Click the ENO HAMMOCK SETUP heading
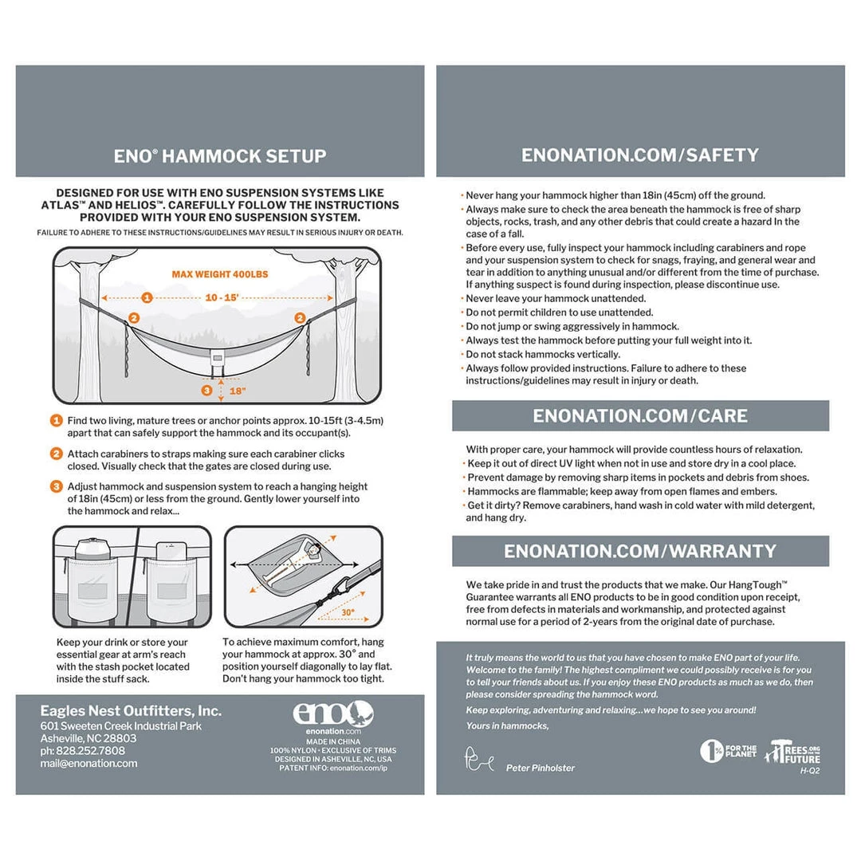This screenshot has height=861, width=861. point(220,155)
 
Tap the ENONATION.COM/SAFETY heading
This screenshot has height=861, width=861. point(640,155)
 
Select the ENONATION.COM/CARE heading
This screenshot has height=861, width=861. point(640,415)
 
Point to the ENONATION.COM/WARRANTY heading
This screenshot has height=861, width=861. point(640,551)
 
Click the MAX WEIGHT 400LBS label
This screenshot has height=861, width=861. point(219,274)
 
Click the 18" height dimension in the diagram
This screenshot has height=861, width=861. point(237,391)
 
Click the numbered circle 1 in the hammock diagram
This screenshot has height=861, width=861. point(147,298)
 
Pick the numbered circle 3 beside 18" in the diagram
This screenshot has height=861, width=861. point(206,391)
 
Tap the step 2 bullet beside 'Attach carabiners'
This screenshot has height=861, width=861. point(57,454)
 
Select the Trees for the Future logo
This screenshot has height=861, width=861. point(792,753)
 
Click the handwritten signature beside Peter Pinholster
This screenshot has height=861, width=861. point(480,758)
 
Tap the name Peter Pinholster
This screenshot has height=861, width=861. point(540,768)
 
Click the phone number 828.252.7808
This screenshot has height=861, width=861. point(83,750)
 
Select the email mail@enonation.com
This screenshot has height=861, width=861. point(88,763)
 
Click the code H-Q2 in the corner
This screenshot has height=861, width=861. point(810,770)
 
